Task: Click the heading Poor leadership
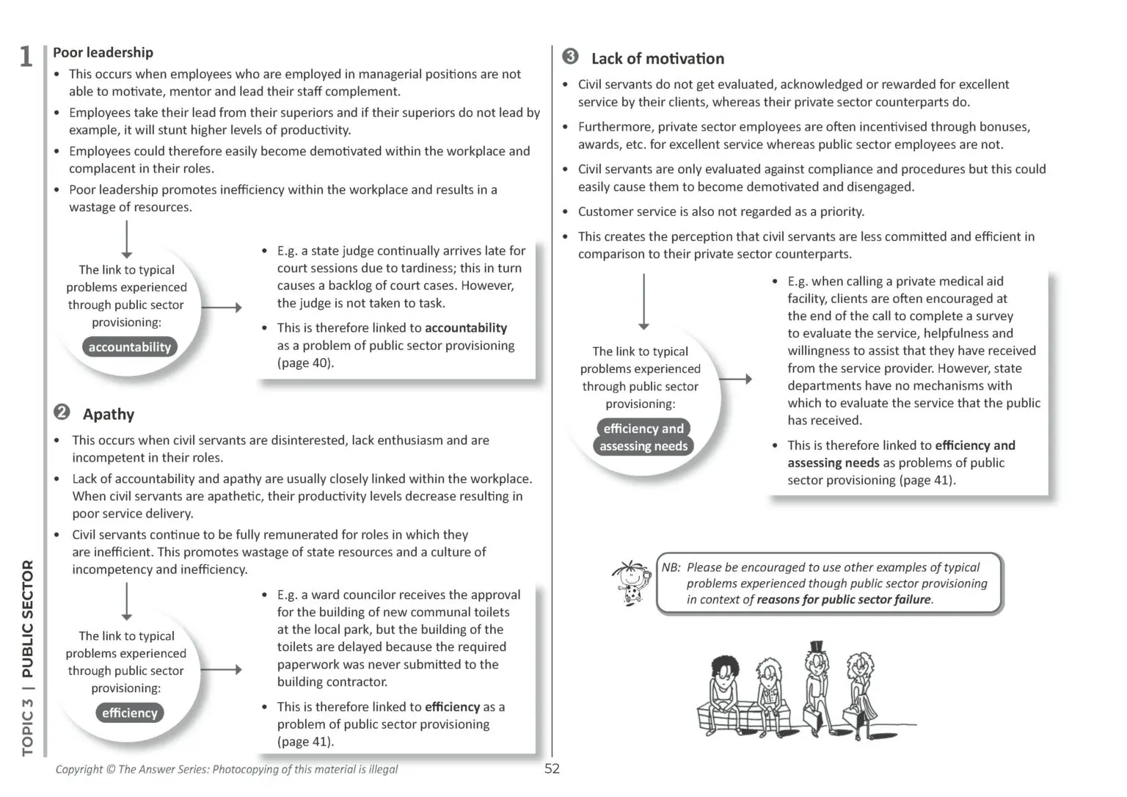click(103, 52)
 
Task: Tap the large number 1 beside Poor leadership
click(26, 57)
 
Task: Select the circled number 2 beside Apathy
click(62, 412)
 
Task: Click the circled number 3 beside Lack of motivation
click(570, 57)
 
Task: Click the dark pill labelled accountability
click(129, 347)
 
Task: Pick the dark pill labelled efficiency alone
click(129, 713)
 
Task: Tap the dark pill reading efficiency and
click(643, 429)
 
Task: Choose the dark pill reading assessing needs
click(643, 446)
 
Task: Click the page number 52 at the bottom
click(552, 768)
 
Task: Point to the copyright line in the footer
click(226, 769)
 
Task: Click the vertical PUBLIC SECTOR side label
click(28, 619)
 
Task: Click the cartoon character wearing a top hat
click(815, 683)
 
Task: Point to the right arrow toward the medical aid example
click(735, 379)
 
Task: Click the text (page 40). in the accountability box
click(305, 363)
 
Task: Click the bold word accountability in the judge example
click(466, 328)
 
